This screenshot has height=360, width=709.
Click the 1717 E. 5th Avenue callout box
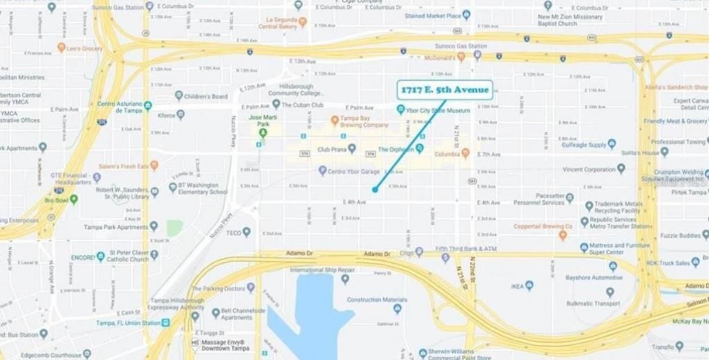tap(445, 90)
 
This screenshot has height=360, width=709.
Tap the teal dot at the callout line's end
tap(375, 189)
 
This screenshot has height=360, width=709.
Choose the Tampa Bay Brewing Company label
tap(364, 121)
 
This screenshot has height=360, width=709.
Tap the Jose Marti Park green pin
tap(262, 132)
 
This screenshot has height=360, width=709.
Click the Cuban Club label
tap(303, 105)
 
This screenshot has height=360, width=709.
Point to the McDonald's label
tap(439, 57)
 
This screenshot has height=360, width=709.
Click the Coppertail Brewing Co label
tap(543, 226)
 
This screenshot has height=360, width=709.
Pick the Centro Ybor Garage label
tap(353, 171)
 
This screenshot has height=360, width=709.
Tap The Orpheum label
tap(396, 149)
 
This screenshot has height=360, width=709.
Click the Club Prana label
tap(332, 149)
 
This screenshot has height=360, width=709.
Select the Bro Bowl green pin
tap(73, 199)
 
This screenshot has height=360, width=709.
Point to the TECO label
tap(234, 233)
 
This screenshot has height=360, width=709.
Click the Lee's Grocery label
tap(84, 48)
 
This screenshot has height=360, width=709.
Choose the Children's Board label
tap(206, 96)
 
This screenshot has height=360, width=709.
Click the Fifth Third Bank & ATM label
tap(465, 249)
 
